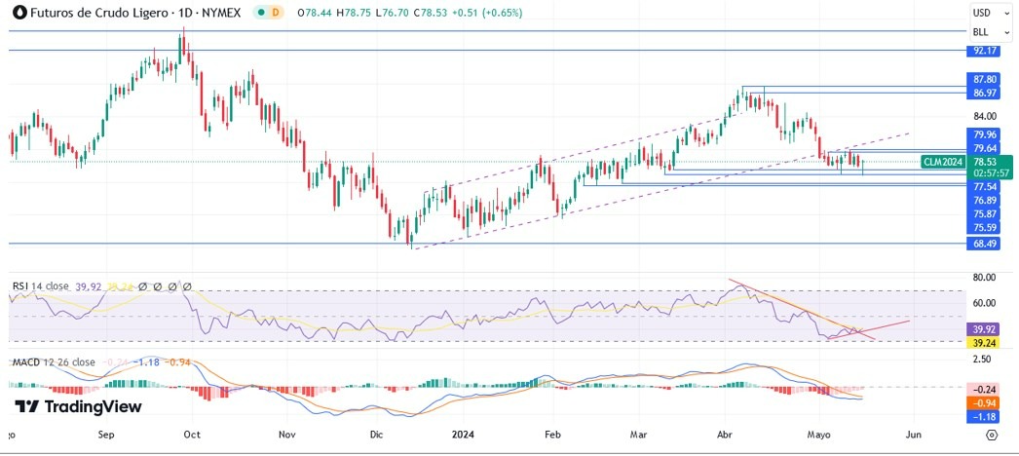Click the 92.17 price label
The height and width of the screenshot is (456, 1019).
pos(982,50)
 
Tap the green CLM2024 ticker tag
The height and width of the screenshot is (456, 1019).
pos(943,162)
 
